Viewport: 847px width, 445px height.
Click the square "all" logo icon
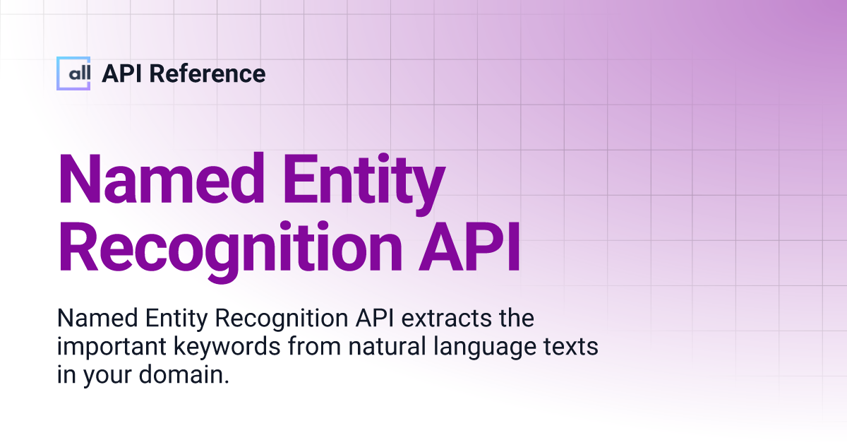pyautogui.click(x=73, y=73)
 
